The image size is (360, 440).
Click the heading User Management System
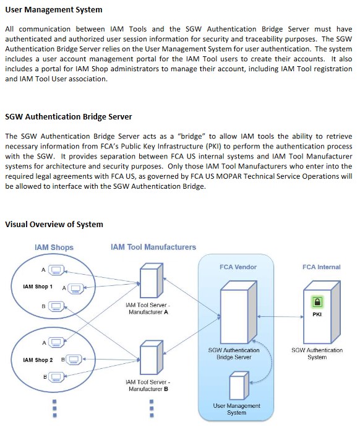(54, 10)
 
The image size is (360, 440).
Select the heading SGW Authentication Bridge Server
(69, 117)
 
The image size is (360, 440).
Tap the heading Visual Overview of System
(54, 224)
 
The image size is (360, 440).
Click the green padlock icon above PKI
(317, 302)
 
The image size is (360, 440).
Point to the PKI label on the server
(317, 314)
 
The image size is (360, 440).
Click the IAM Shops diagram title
(54, 247)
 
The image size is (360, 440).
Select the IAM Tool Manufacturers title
(153, 247)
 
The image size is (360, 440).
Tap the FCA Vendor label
(238, 267)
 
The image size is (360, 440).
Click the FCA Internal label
(321, 267)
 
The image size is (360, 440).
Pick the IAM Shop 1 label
(38, 287)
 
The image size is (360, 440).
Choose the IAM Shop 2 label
(38, 360)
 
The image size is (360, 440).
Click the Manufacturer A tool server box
(152, 280)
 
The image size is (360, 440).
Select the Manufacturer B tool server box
(152, 358)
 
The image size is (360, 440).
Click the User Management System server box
(239, 386)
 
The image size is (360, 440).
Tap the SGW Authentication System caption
(317, 353)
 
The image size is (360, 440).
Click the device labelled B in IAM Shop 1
(56, 306)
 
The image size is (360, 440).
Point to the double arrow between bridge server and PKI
(280, 316)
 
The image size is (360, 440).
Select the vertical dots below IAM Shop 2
(54, 408)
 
